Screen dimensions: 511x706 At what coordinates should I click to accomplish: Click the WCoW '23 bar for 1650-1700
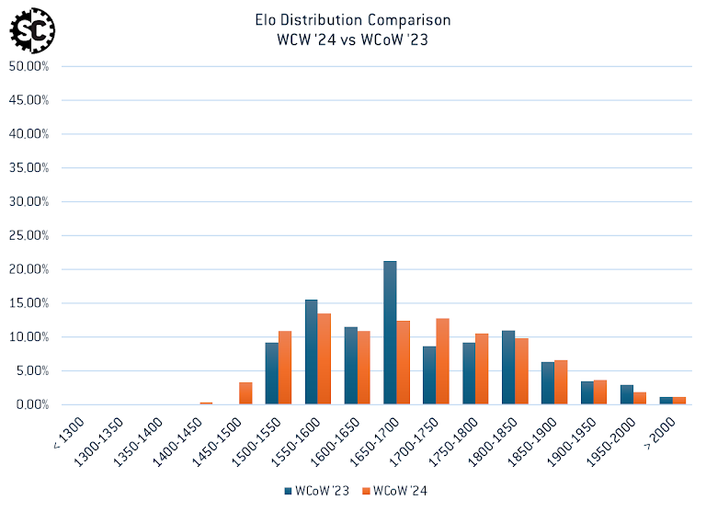point(390,333)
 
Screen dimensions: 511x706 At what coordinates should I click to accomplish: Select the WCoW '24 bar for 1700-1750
point(442,361)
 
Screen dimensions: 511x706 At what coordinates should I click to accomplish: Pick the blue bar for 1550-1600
point(311,352)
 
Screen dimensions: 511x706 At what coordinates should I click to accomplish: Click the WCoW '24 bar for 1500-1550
point(285,368)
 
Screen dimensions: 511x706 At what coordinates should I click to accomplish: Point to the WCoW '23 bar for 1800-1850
point(508,368)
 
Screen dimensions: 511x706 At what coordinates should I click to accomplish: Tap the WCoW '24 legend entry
point(394,491)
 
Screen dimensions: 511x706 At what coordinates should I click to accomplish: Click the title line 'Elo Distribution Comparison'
point(353,19)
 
